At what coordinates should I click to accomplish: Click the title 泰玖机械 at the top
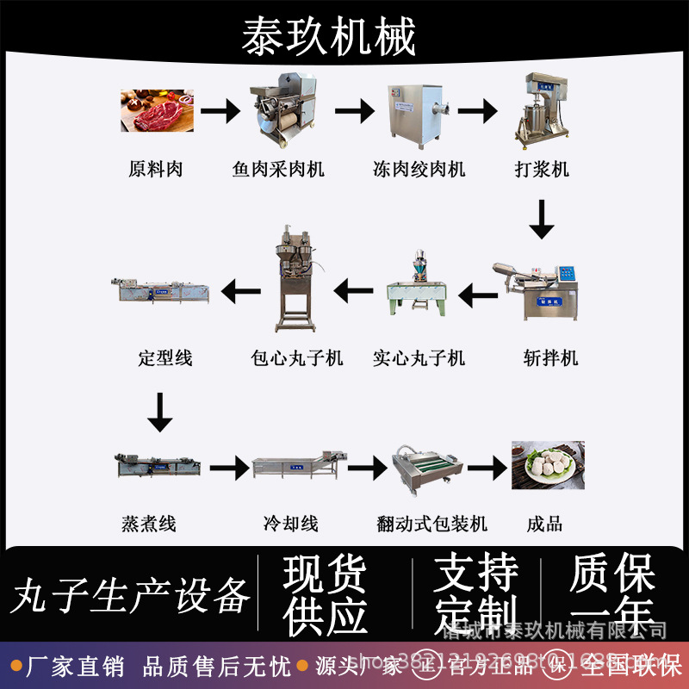(329, 36)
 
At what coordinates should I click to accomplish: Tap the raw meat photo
(157, 109)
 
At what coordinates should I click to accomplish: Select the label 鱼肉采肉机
(278, 169)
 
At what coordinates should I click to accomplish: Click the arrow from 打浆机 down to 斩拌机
(542, 220)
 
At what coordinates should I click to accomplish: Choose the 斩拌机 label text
(550, 357)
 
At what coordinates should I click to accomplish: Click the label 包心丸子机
(296, 357)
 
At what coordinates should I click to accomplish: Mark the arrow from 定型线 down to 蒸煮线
(159, 412)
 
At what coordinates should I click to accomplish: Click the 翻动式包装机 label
(431, 523)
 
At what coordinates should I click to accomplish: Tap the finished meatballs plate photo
(548, 465)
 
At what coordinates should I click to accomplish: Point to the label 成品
(544, 523)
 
